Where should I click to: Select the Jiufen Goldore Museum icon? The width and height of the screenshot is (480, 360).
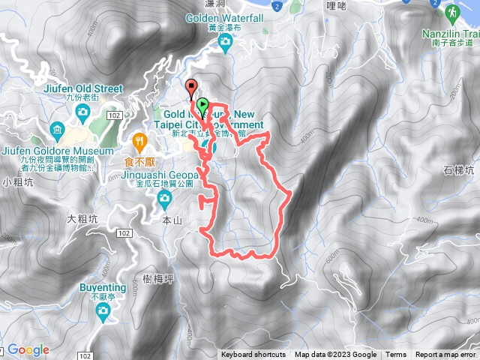[57, 132]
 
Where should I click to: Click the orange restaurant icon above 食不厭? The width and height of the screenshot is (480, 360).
[139, 139]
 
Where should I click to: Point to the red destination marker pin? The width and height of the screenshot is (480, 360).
[190, 86]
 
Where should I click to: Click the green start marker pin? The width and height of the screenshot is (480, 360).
[202, 103]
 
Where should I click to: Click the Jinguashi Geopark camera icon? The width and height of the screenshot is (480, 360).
[164, 198]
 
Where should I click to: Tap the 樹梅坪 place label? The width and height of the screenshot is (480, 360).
[158, 278]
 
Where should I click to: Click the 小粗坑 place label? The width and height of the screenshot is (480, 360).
[16, 182]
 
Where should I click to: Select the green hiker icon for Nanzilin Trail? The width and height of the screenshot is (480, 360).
[453, 13]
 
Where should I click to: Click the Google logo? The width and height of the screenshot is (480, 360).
[28, 349]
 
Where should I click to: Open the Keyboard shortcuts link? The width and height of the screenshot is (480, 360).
[253, 355]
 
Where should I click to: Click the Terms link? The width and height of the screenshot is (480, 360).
[396, 355]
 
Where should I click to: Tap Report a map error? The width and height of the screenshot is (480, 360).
[445, 355]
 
